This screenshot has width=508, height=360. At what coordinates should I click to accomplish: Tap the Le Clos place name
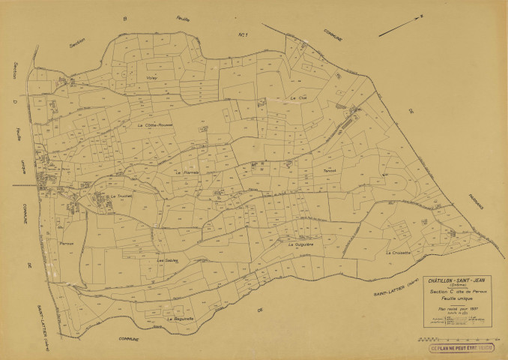click(x=298, y=98)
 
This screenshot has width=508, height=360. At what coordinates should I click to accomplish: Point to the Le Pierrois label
click(x=184, y=172)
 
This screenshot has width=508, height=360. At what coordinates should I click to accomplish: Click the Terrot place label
click(x=330, y=170)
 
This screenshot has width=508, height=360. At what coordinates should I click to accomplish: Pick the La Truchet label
click(x=120, y=196)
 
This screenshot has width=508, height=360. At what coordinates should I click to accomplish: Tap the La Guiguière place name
click(x=299, y=244)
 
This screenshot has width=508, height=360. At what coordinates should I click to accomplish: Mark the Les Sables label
click(x=166, y=260)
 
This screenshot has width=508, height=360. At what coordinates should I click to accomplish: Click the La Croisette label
click(x=399, y=253)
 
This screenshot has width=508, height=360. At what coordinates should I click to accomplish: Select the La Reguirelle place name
click(x=181, y=318)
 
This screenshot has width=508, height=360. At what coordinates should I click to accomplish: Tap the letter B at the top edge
click(x=127, y=16)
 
